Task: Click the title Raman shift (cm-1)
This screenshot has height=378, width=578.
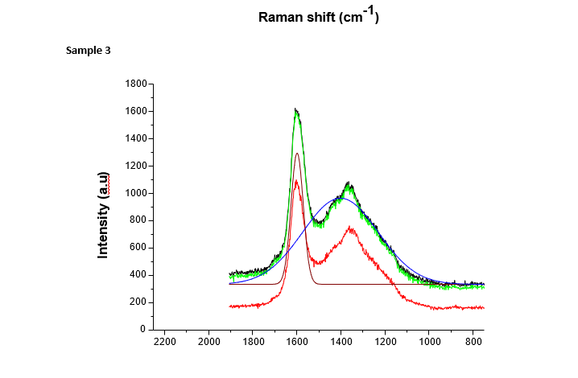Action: coord(318,17)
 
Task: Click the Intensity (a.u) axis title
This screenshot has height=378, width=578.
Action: coord(103,215)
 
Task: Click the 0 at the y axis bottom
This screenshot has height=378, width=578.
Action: coord(142,330)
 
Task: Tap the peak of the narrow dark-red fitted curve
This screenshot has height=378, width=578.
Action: coord(297,153)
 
